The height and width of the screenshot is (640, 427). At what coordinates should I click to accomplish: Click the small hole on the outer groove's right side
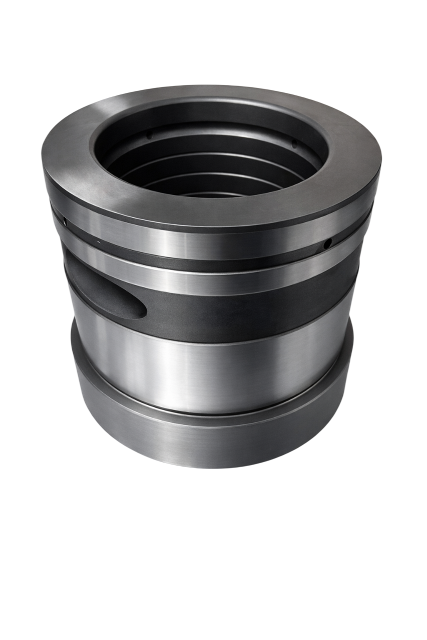tap(328, 244)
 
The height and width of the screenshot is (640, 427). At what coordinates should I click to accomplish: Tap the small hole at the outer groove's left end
tap(65, 221)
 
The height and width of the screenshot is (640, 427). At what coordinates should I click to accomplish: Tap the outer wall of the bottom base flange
tap(210, 445)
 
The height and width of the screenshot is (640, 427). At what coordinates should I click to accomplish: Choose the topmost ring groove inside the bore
tap(210, 127)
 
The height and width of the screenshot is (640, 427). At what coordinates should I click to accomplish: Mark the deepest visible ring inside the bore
tap(210, 187)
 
